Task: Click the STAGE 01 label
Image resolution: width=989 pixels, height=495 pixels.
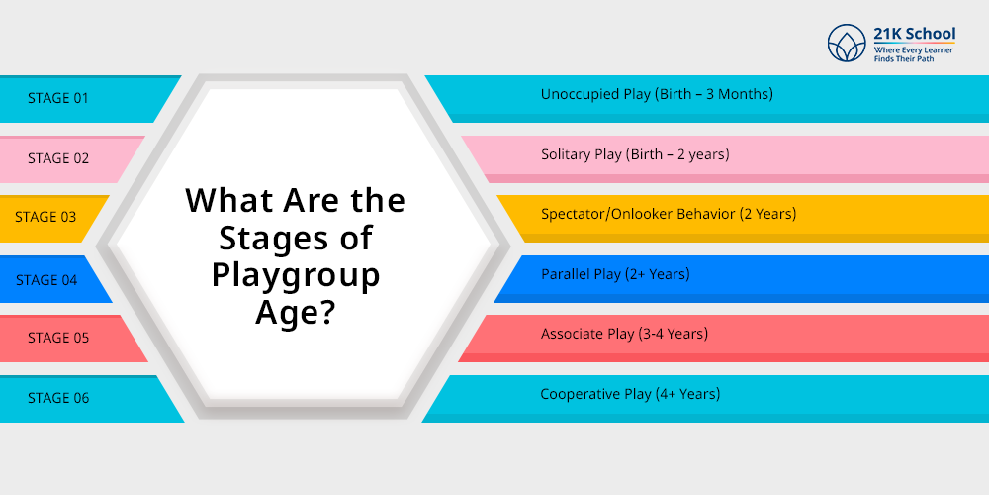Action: coord(58,98)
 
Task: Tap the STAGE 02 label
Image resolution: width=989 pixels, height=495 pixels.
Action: coord(58,158)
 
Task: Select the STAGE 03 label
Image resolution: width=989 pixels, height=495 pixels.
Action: coord(45,217)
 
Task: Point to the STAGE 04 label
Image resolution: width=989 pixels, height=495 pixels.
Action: coord(46,280)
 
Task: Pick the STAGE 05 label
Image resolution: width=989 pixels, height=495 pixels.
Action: coord(58,338)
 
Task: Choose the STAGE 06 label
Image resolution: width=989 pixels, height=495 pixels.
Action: coord(58,398)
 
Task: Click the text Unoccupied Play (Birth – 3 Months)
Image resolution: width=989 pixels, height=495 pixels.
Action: coord(657,95)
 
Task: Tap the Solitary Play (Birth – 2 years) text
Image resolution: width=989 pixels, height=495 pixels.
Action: coord(635,154)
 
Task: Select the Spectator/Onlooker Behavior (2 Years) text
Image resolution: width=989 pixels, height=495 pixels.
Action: coord(669,214)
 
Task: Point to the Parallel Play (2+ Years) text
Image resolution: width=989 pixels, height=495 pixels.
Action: coord(615,274)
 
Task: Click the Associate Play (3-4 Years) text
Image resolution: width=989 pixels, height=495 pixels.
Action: coord(624,334)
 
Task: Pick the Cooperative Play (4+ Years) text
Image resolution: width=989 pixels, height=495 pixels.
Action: coord(630,395)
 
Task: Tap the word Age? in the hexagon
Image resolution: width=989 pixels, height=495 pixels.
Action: coord(295,311)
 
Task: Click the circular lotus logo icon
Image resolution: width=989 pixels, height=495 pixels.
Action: coord(847,43)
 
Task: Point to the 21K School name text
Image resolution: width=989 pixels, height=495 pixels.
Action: coord(915,34)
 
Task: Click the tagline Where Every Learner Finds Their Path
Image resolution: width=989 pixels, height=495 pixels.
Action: coord(913,54)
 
